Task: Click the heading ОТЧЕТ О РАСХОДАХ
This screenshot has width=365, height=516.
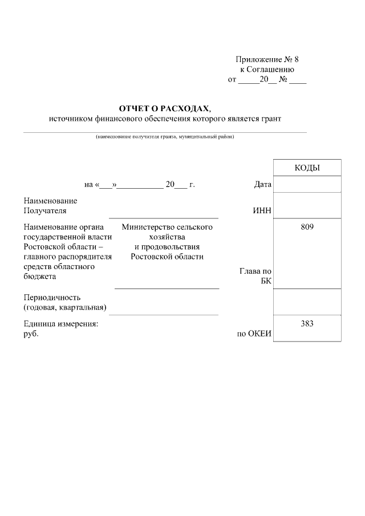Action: (164, 108)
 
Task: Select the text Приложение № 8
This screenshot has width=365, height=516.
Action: (267, 59)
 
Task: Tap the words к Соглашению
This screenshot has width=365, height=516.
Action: (267, 70)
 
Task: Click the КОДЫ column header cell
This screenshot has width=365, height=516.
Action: (307, 168)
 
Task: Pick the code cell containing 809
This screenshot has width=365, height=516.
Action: (307, 227)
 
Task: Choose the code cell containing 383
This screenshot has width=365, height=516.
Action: (307, 323)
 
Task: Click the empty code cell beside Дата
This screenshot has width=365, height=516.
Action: (307, 184)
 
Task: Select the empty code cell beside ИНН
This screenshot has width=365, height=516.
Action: (307, 205)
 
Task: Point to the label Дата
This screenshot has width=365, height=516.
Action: (262, 185)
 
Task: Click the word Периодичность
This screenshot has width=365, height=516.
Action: (52, 298)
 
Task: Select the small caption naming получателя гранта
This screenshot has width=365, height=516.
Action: (165, 137)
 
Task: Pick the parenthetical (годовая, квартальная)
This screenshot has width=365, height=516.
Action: (65, 308)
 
